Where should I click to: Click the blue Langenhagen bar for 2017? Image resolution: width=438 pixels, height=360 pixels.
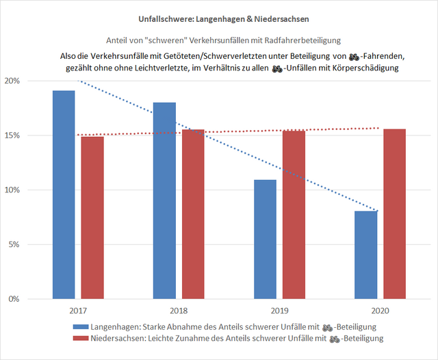point(63,194)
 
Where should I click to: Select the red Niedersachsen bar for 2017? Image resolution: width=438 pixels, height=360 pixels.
point(92,218)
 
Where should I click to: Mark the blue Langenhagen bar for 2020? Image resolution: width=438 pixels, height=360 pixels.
point(366,255)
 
